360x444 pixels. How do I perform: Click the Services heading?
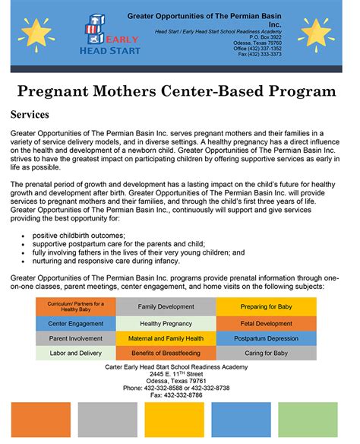(x=30, y=115)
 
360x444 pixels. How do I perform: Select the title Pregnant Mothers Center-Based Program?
(x=176, y=90)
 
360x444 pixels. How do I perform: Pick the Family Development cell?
(x=165, y=306)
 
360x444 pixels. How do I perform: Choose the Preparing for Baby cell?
(x=266, y=306)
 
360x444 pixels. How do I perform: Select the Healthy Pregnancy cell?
(x=165, y=324)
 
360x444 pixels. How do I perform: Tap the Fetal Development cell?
(x=266, y=324)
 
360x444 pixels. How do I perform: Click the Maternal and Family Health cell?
(x=165, y=338)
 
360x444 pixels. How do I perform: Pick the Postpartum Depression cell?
(x=266, y=338)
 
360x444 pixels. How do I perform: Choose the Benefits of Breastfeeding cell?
(x=165, y=353)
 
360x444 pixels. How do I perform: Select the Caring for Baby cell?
(x=266, y=353)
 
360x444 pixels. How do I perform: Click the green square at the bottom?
(x=308, y=420)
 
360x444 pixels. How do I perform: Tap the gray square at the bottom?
(x=107, y=420)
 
